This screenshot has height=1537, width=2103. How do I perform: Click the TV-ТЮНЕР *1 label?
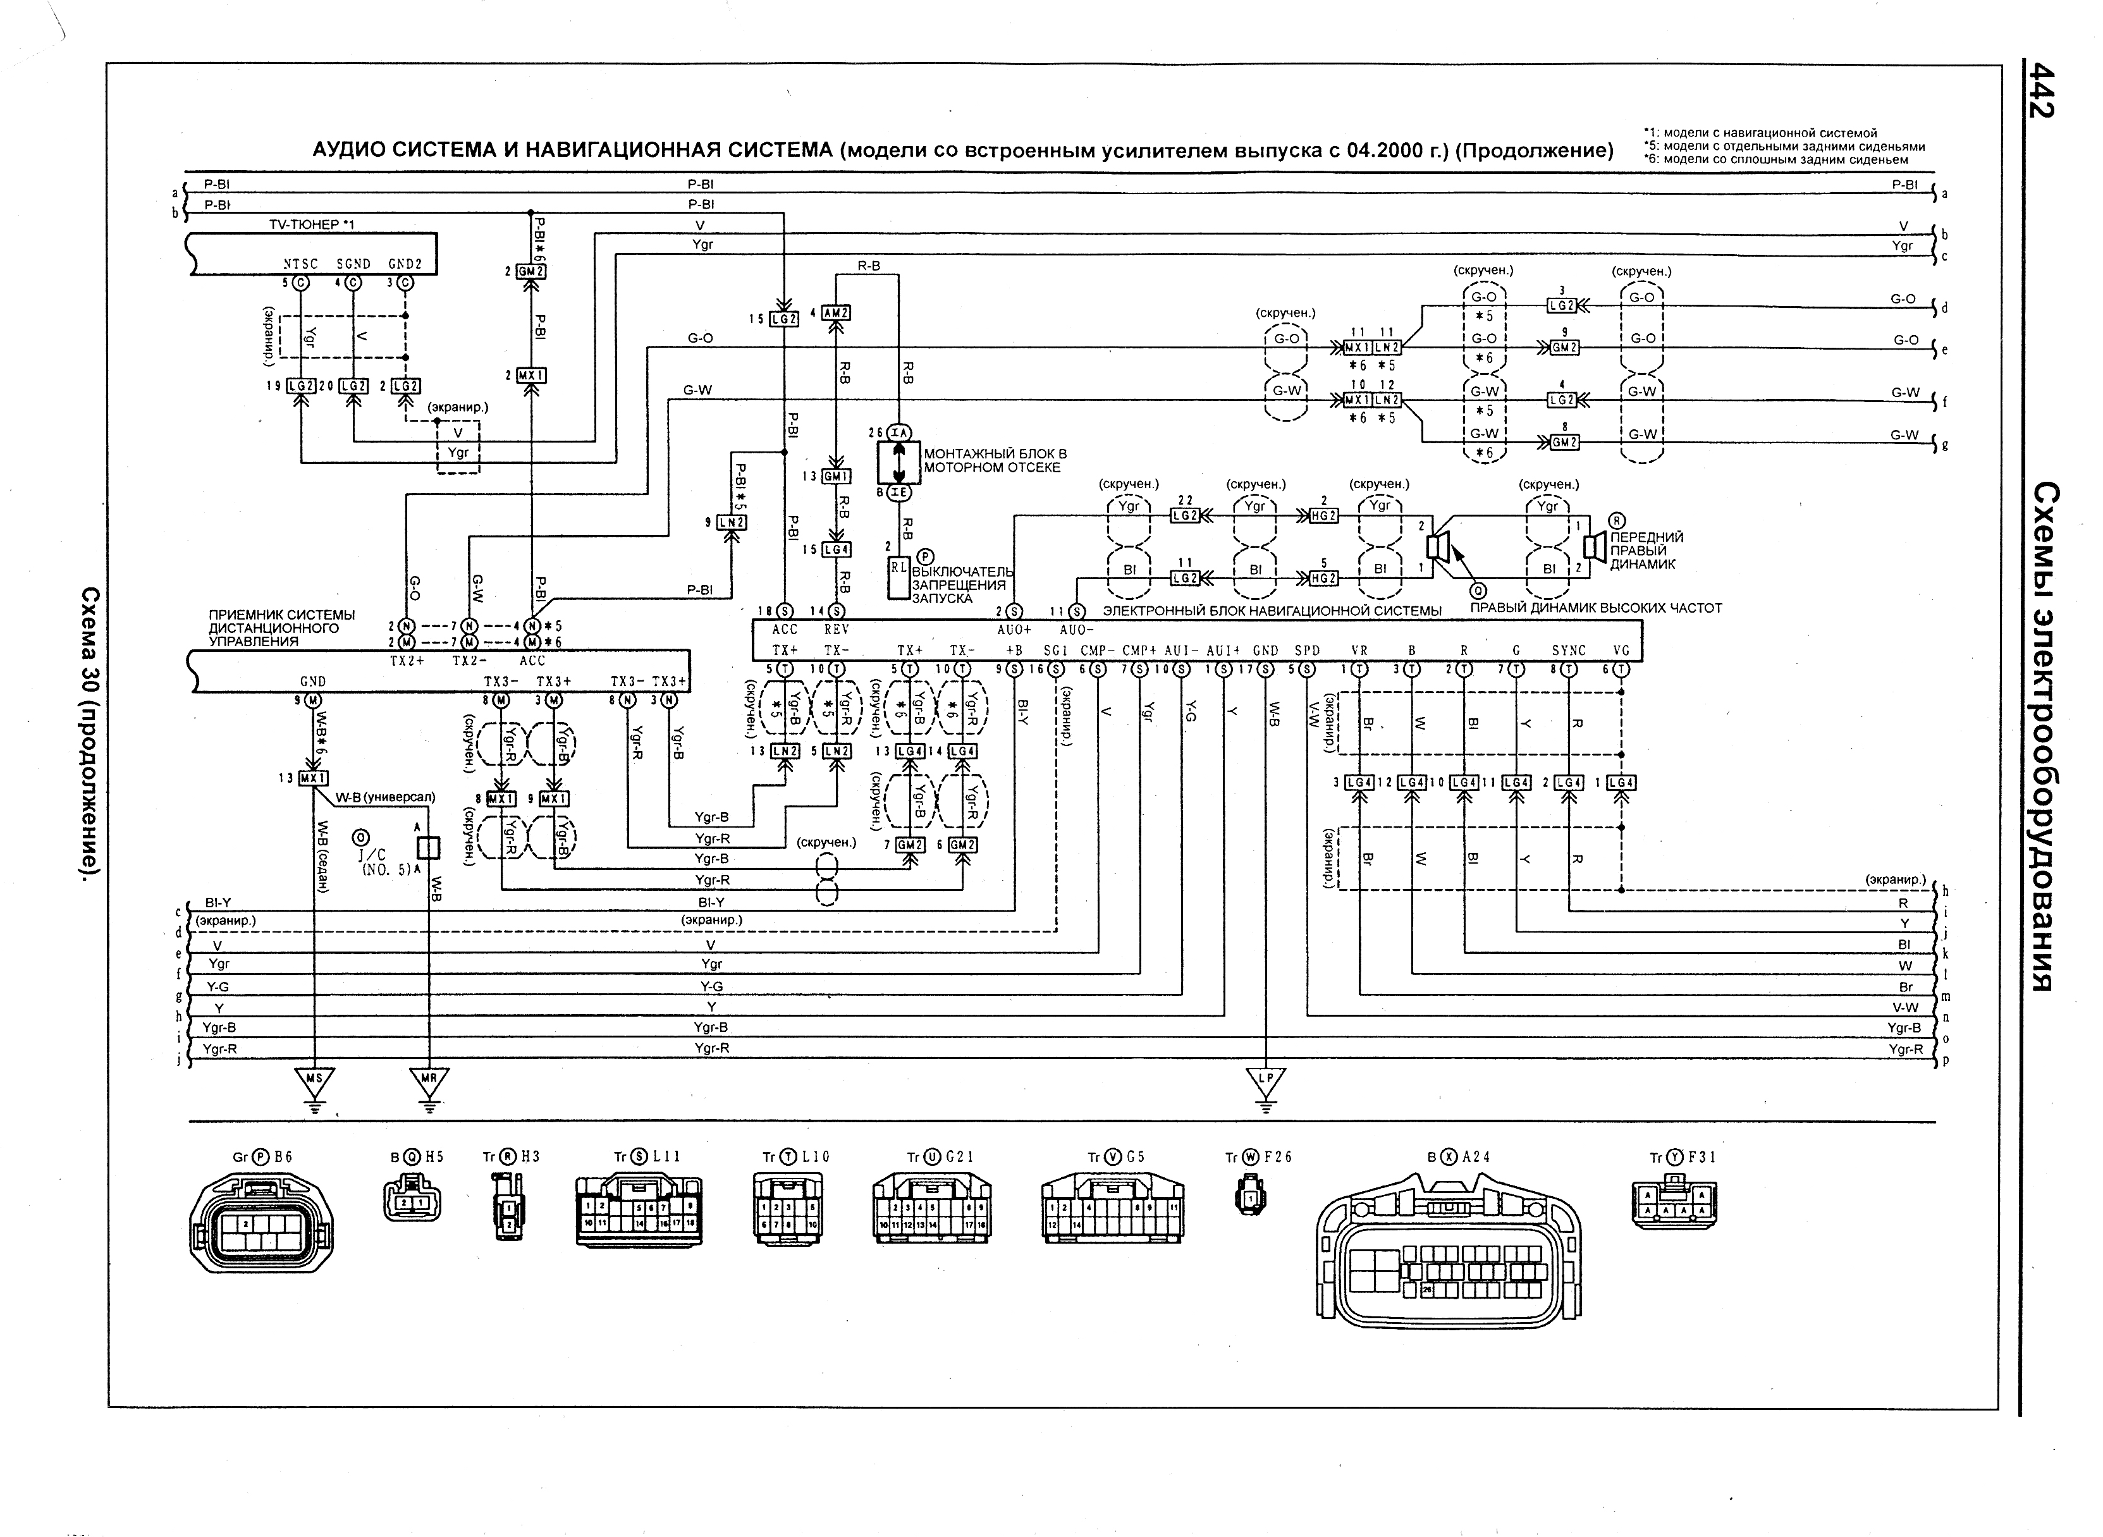click(312, 225)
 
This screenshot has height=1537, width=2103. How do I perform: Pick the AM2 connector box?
click(836, 314)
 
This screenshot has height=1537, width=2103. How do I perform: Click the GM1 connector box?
click(836, 476)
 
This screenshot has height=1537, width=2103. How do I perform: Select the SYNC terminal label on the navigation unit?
click(1568, 651)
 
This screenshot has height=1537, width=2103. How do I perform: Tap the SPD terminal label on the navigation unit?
click(1308, 651)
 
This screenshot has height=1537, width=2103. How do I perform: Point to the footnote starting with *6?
click(1775, 159)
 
